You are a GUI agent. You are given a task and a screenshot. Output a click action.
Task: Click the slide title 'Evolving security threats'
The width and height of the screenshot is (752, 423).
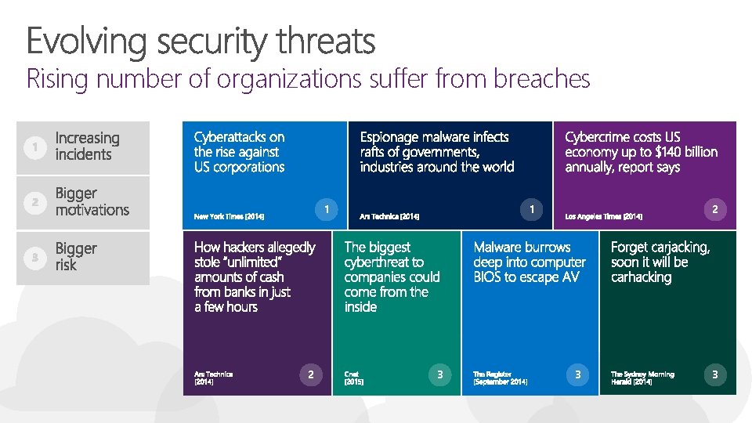201,41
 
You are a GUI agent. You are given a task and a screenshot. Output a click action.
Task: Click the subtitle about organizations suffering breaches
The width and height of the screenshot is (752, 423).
308,79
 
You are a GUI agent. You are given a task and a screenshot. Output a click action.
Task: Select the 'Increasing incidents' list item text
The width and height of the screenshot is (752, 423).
87,146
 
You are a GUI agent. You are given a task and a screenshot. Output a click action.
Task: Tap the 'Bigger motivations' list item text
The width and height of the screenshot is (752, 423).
92,201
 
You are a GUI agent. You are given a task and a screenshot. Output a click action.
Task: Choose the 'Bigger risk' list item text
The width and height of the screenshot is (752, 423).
76,257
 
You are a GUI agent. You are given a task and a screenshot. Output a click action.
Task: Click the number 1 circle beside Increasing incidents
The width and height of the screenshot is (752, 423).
31,146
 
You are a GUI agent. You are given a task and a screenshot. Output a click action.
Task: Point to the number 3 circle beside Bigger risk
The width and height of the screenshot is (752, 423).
31,258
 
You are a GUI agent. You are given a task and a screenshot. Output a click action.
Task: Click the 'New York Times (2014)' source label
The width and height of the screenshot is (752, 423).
229,216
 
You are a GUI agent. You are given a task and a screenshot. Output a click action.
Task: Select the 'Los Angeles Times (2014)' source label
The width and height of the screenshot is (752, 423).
603,216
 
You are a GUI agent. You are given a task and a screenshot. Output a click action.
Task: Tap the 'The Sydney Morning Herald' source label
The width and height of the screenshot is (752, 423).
642,378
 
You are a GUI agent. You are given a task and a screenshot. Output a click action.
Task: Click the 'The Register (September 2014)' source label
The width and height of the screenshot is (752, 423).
500,378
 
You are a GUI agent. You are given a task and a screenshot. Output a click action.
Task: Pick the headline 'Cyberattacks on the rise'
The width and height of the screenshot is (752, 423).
239,152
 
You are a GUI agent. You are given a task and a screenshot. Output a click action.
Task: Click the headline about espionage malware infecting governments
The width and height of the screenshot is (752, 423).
436,152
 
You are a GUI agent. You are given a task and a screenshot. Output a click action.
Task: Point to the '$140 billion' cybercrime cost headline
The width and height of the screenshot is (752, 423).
641,152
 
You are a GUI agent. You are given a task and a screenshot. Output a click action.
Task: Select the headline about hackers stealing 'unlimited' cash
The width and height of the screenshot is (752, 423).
254,277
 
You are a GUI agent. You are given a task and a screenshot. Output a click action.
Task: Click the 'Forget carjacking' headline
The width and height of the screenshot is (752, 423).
660,262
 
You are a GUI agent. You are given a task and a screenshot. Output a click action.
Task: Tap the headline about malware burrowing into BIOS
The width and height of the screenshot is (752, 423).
529,262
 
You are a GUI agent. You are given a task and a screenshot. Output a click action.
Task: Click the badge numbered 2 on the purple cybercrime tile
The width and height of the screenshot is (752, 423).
714,208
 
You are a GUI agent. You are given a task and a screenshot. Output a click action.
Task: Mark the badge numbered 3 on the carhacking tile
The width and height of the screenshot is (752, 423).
714,375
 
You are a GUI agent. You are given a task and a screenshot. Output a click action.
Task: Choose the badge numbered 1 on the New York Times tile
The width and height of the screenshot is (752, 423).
326,208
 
